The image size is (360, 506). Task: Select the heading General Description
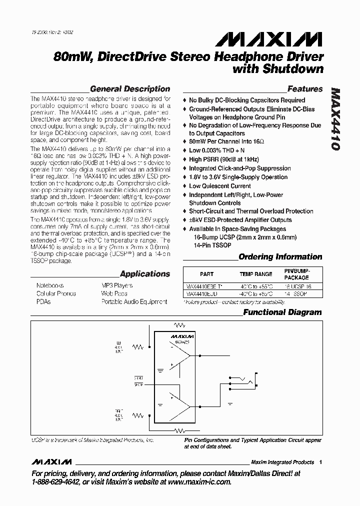click(x=130, y=89)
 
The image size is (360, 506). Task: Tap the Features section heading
click(x=305, y=89)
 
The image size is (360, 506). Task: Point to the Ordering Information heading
click(x=280, y=257)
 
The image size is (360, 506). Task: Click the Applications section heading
click(x=145, y=274)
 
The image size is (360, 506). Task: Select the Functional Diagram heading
click(x=282, y=312)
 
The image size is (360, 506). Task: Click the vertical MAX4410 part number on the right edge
click(x=336, y=120)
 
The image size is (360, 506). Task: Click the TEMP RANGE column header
click(x=256, y=274)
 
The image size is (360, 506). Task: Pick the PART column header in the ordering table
click(x=206, y=274)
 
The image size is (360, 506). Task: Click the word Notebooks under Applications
click(x=50, y=285)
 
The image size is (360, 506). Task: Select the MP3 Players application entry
click(x=117, y=285)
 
